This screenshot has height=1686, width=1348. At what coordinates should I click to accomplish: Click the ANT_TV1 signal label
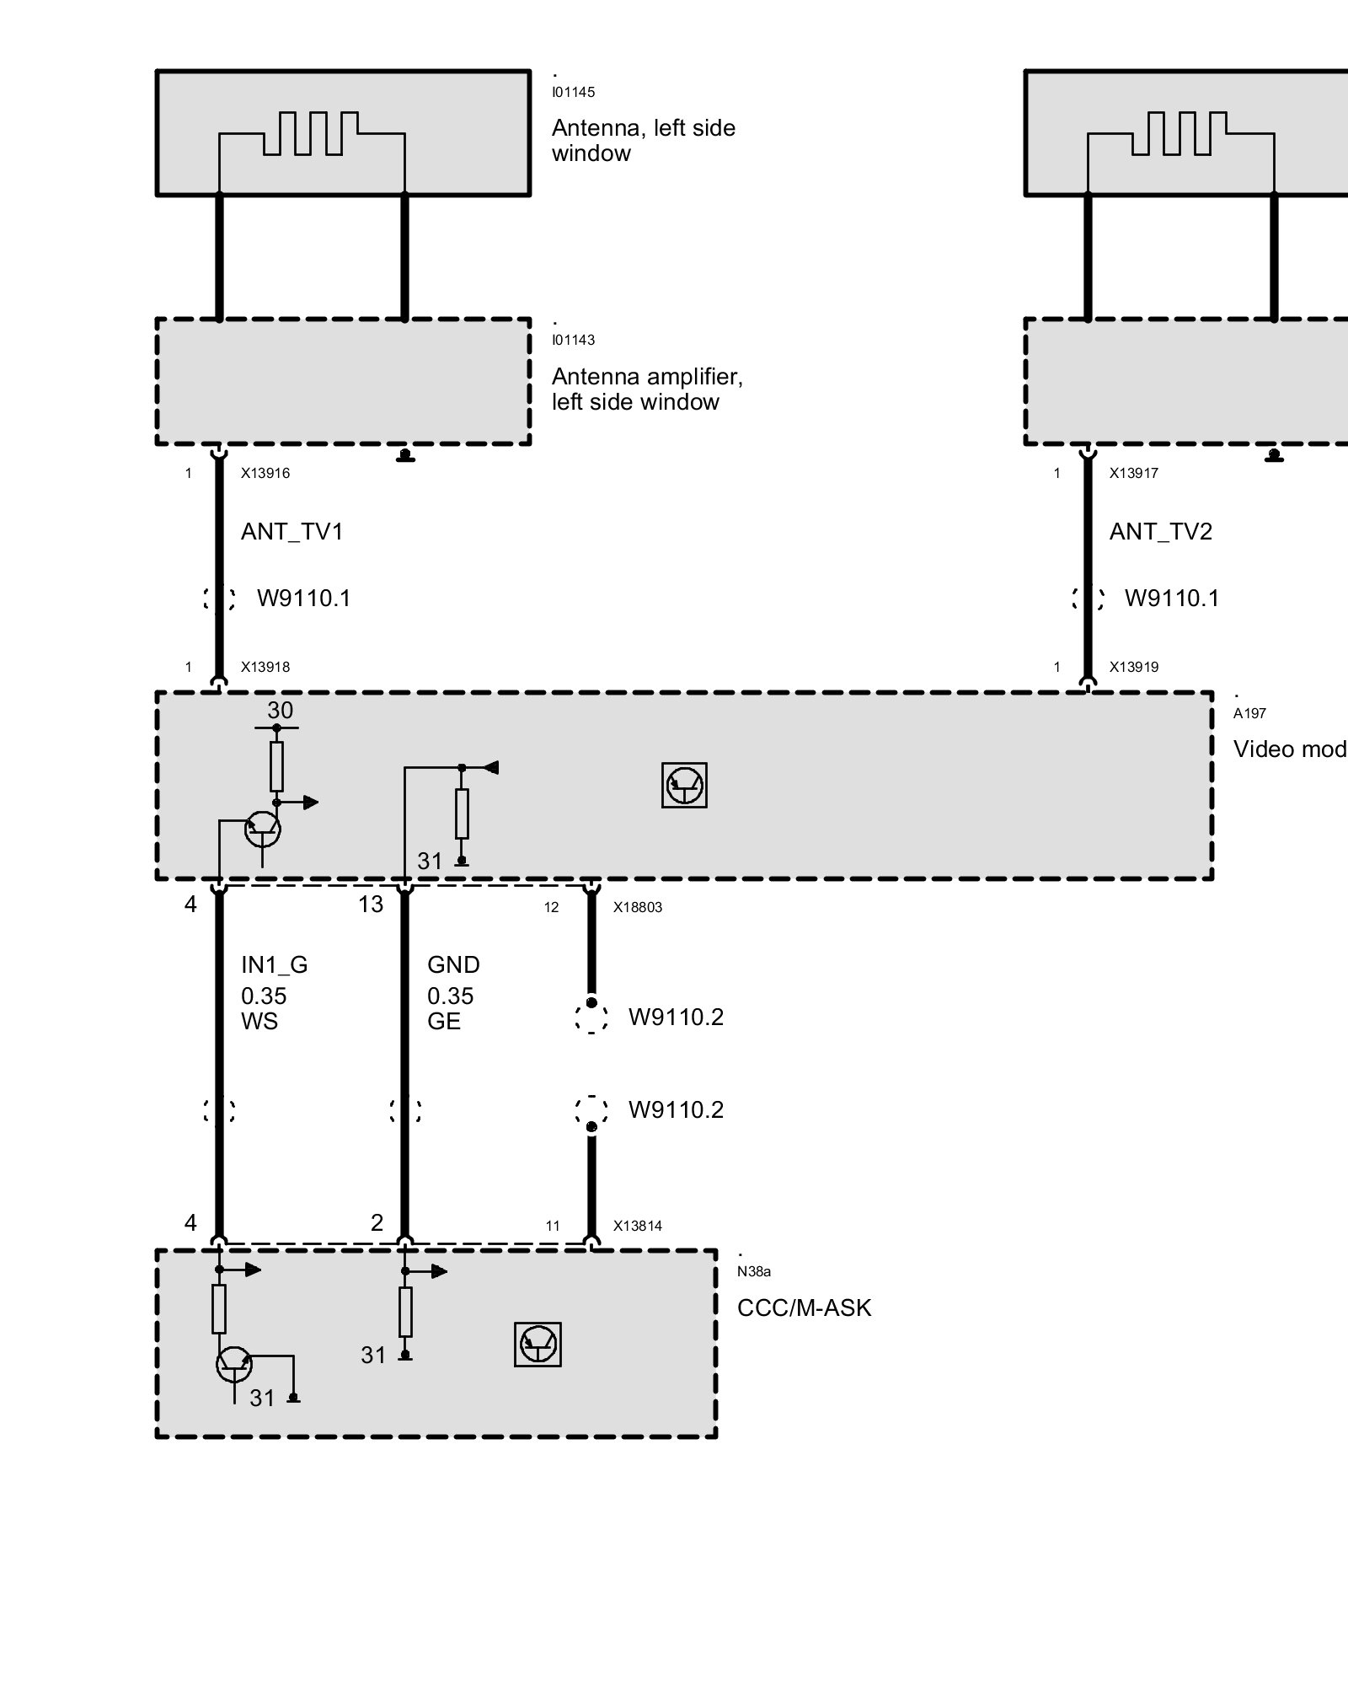coord(292,532)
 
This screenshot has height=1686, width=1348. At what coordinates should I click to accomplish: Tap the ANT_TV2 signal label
coord(1160,532)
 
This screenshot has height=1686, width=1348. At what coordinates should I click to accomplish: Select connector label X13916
coord(265,474)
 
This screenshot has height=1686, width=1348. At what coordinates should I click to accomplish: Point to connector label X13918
coord(265,668)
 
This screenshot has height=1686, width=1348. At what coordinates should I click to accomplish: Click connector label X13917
coord(1134,474)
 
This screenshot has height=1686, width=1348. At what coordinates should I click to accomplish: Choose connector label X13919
coord(1134,668)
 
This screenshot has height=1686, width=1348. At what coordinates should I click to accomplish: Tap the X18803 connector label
coord(638,908)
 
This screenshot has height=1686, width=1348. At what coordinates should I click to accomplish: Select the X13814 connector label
coord(638,1227)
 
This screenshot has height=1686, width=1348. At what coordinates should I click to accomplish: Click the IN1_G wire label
coord(274,965)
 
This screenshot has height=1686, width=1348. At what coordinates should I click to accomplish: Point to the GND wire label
coord(453,965)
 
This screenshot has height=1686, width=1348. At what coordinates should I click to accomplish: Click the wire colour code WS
coord(259,1022)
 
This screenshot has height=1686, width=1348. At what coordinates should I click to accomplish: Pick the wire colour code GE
coord(444,1022)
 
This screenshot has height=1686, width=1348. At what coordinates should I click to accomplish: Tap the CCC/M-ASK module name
coord(804,1308)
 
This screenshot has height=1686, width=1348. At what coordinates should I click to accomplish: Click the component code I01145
coord(573,93)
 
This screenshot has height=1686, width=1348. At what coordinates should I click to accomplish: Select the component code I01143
coord(573,341)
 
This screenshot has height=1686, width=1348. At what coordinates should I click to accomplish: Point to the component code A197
coord(1249,714)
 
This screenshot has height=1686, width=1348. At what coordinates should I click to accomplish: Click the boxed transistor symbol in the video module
coord(684,786)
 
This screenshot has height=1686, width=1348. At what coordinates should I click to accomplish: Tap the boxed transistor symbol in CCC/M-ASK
coord(538,1344)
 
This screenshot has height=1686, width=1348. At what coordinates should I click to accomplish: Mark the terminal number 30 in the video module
coord(280,711)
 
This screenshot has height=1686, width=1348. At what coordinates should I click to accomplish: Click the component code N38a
coord(753,1272)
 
